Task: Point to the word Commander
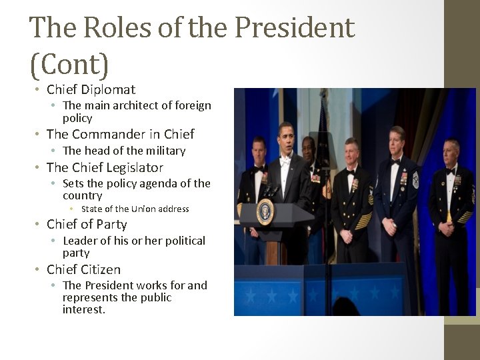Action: (x=109, y=134)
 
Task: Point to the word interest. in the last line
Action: (x=84, y=310)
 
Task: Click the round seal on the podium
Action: (x=265, y=211)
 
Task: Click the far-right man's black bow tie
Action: (x=450, y=172)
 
